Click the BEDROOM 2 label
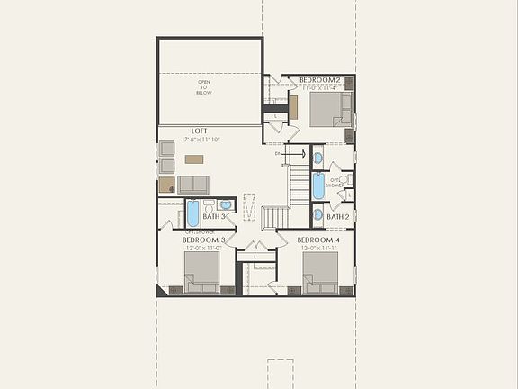(318, 80)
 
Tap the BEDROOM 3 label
(203, 240)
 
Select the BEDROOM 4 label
(317, 240)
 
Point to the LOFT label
(199, 131)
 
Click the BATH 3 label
(213, 217)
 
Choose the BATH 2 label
(337, 217)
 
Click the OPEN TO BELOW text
(205, 87)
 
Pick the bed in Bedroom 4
(320, 272)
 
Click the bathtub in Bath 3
(192, 213)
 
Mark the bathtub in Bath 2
(318, 186)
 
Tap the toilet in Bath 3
(209, 204)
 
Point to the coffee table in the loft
(194, 159)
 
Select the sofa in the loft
(192, 185)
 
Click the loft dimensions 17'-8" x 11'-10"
(200, 140)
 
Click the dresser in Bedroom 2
(293, 107)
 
